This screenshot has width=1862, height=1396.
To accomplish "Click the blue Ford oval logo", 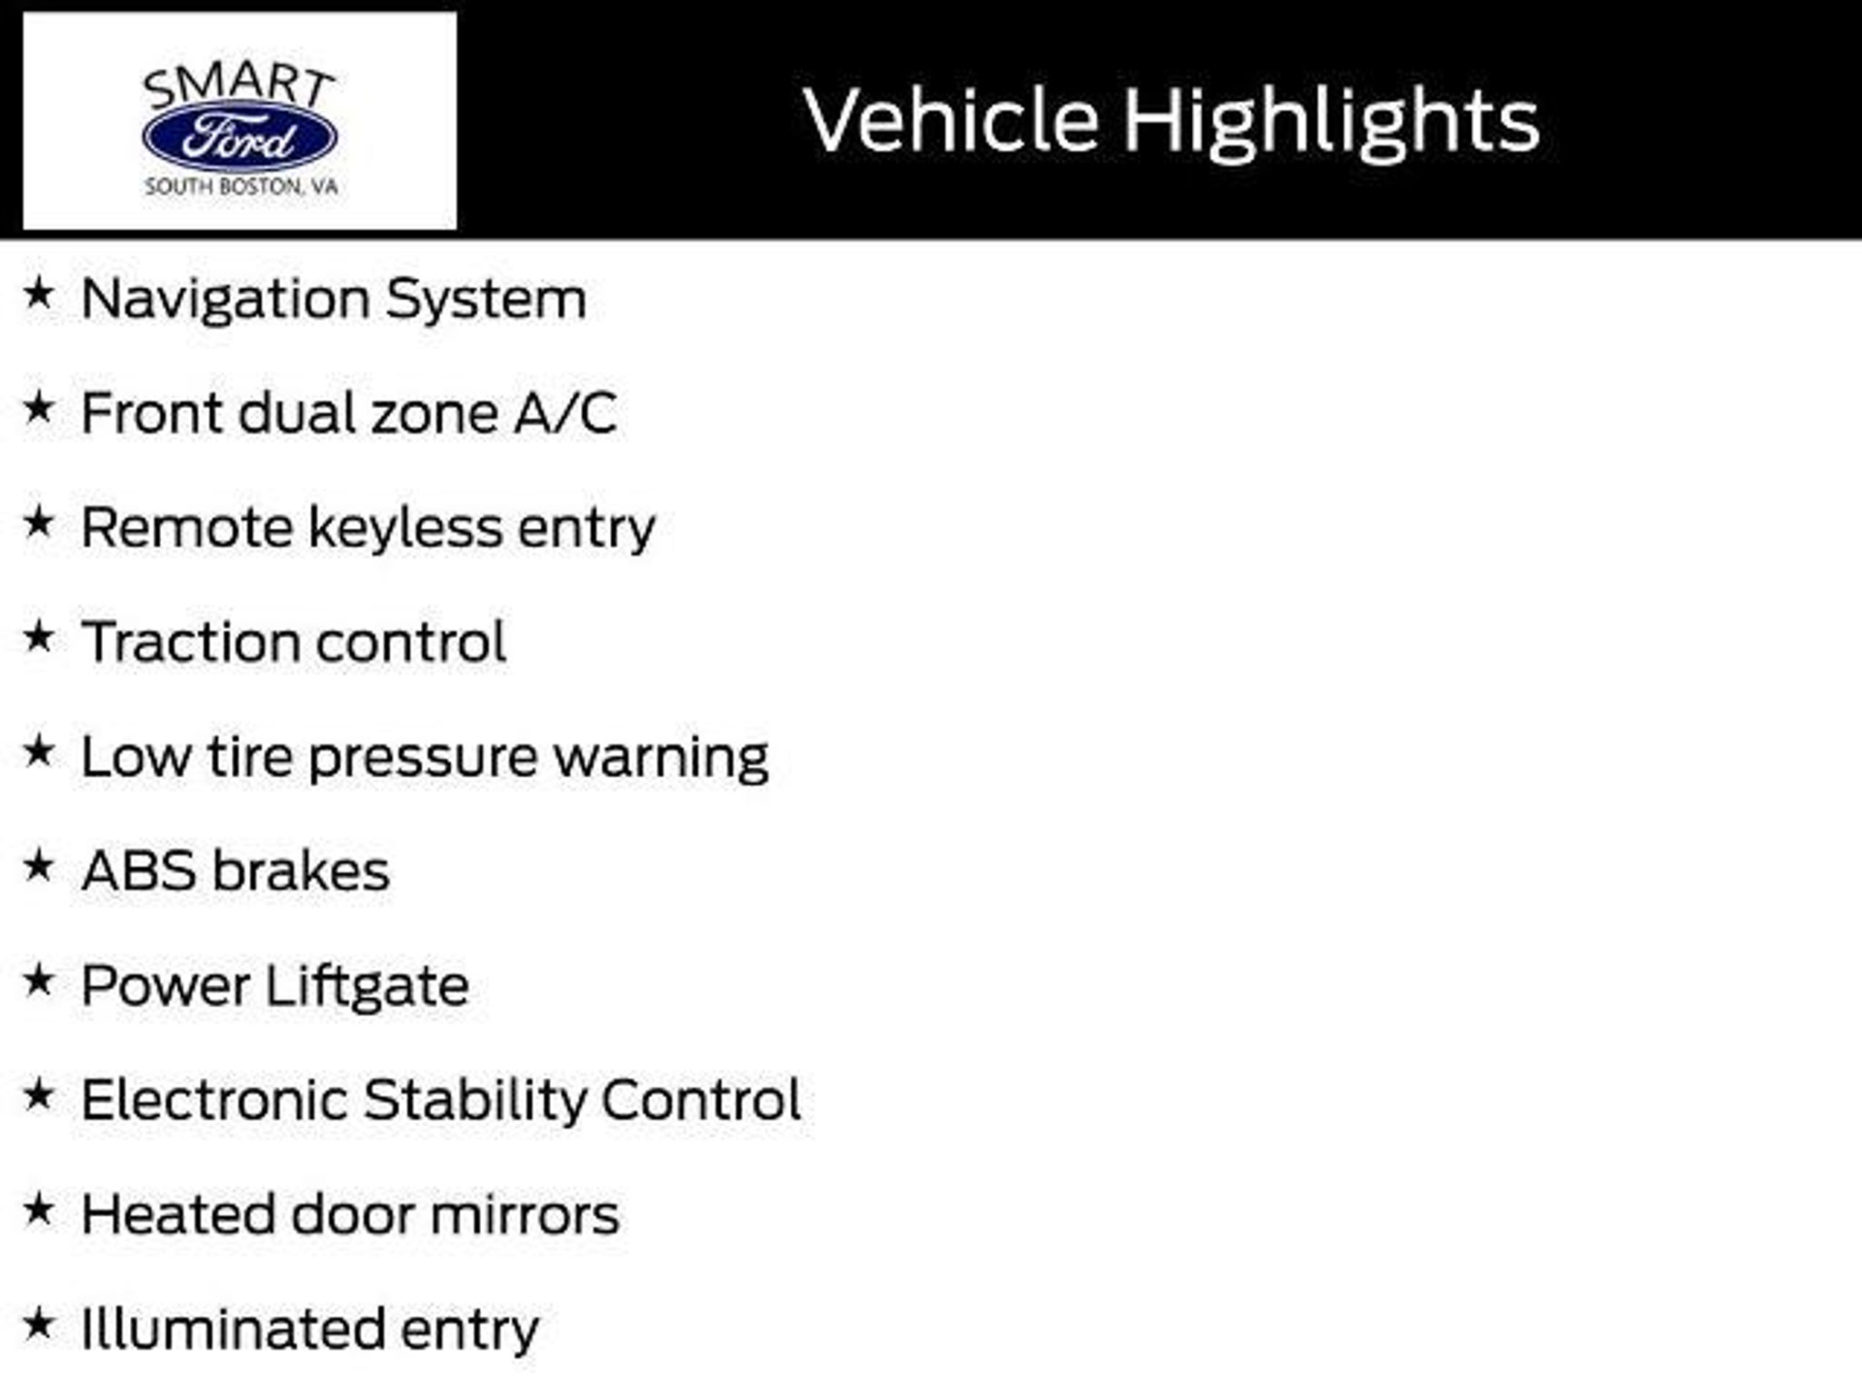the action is [x=240, y=137].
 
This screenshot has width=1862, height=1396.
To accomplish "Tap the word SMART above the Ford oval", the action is [x=239, y=86].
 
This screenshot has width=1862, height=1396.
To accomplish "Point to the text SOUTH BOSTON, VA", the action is [x=241, y=187].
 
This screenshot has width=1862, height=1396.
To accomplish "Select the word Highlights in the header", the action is [x=1331, y=125].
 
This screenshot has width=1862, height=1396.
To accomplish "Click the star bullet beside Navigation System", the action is [x=38, y=294].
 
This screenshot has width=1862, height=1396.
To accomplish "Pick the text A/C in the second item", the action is [x=566, y=414].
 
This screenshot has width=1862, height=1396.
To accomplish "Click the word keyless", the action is [x=405, y=529].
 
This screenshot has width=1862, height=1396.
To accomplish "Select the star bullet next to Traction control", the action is [x=38, y=637].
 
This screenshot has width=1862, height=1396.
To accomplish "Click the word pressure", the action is [x=423, y=760].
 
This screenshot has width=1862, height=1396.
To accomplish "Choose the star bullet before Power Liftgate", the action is [x=38, y=981].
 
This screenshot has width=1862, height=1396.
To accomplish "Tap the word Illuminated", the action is [x=233, y=1329].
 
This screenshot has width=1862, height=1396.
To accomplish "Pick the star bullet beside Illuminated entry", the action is [x=38, y=1324].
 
